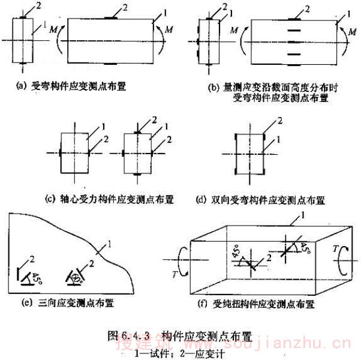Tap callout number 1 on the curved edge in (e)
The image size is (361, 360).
coord(110,243)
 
